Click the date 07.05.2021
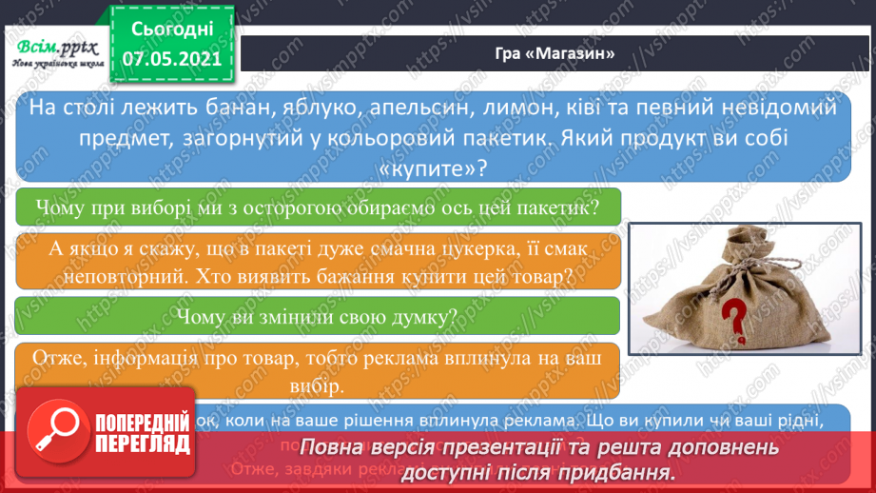pyautogui.click(x=171, y=58)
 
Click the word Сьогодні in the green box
pyautogui.click(x=171, y=29)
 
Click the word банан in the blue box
pyautogui.click(x=225, y=108)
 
